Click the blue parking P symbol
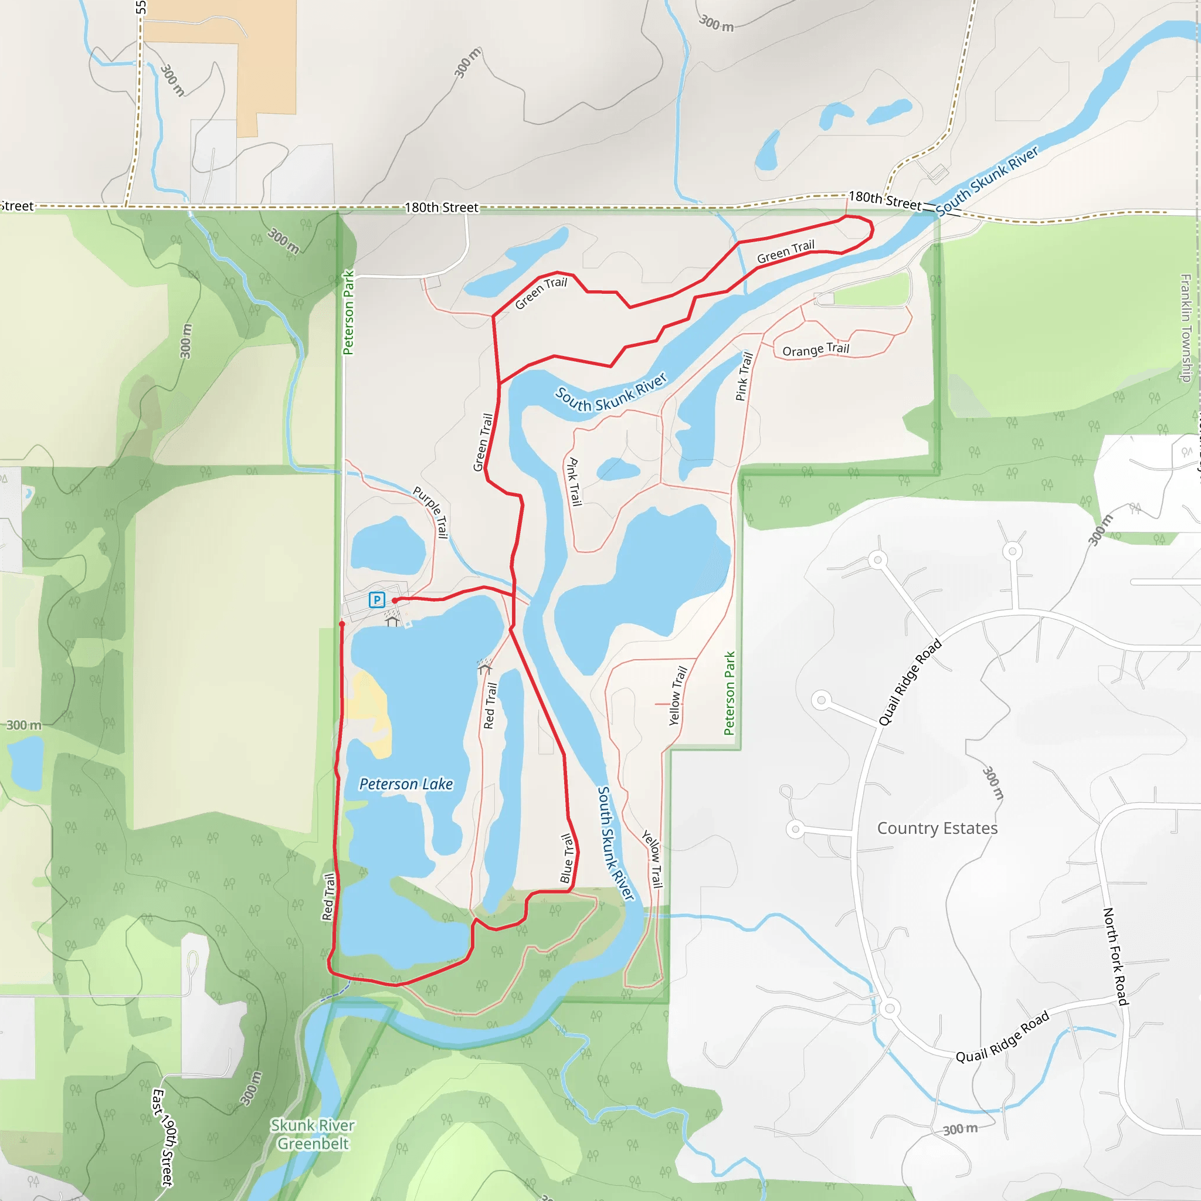point(376,599)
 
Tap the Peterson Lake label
point(406,784)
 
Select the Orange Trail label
point(816,350)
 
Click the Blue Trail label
point(567,859)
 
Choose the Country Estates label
point(937,829)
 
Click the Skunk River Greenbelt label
point(313,1135)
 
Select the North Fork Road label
point(1116,956)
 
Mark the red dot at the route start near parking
point(395,600)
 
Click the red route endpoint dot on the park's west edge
point(342,623)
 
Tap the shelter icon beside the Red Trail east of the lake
point(485,667)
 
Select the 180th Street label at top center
point(442,207)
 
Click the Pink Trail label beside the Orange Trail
point(744,376)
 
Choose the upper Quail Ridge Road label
point(910,683)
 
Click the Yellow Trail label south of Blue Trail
point(653,859)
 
